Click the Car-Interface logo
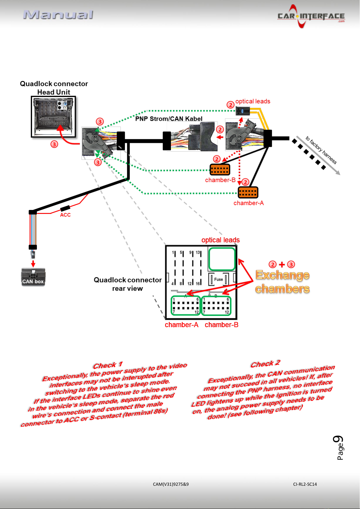(311, 16)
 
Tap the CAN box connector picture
(33, 277)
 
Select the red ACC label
(65, 215)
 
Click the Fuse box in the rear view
(218, 279)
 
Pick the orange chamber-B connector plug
(220, 169)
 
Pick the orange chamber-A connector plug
(248, 192)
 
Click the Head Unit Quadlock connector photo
(53, 117)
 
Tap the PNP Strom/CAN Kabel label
(169, 119)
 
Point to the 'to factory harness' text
(321, 150)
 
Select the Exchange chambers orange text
(282, 282)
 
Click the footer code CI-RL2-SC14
(305, 484)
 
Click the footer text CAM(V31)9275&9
(171, 484)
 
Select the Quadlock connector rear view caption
(128, 284)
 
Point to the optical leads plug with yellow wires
(243, 111)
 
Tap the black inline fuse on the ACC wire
(65, 208)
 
